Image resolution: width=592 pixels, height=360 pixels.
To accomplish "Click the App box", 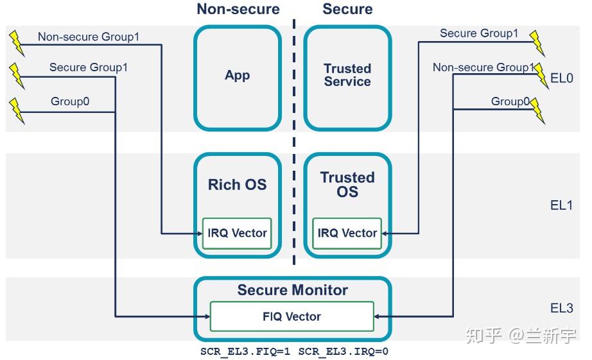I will pos(238,76).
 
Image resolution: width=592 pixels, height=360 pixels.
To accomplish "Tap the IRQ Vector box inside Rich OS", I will pos(237,233).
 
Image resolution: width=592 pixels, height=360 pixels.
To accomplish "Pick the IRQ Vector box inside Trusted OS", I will pos(347,233).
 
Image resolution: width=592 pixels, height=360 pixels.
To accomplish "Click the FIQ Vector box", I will pos(292,316).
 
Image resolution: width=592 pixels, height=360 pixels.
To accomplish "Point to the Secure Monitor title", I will pos(292,290).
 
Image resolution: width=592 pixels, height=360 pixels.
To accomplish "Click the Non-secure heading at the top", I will pos(238,9).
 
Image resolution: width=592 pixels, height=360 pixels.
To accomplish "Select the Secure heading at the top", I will pos(347,9).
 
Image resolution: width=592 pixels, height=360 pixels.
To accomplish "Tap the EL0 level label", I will pos(562,79).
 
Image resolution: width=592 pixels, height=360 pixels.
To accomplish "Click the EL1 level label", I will pos(562,205).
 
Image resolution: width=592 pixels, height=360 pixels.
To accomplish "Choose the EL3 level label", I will pos(562,308).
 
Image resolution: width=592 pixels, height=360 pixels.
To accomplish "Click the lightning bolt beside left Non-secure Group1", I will pos(16,43).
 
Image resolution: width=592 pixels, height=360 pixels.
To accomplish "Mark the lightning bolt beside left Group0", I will pos(16,110).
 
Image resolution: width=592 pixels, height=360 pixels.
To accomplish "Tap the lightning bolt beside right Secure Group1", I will pos(537,43).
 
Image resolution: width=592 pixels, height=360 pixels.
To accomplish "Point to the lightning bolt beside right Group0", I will pos(537,111).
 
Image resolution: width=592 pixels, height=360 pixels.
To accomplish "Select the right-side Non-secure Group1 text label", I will pos(483,67).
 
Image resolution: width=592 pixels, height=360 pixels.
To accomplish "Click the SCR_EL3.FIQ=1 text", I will pos(245,352).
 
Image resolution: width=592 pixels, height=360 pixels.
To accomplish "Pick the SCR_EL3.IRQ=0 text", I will pos(343,352).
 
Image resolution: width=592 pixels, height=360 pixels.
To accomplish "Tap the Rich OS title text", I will pos(237,185).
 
